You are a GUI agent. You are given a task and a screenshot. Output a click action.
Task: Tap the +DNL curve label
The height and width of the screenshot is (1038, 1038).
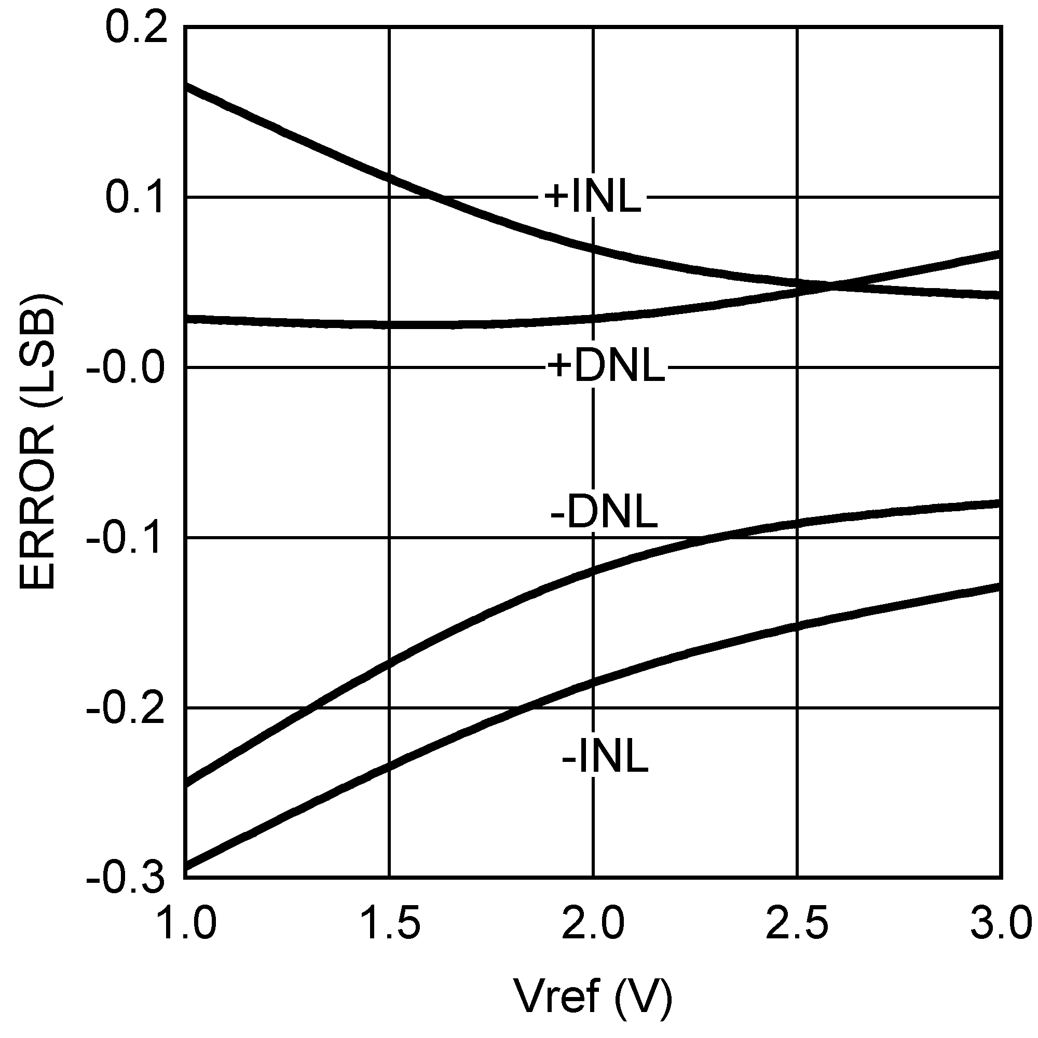coord(606,367)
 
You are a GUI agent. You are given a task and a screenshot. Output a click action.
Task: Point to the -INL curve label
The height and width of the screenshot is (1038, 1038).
coord(605,758)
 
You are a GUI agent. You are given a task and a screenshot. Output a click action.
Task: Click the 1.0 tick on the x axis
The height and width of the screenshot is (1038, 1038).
coord(188,924)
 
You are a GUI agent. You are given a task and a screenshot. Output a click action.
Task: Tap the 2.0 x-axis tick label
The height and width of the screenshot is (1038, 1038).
coord(593,924)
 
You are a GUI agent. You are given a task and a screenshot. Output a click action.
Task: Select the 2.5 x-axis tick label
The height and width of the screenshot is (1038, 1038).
coord(797,924)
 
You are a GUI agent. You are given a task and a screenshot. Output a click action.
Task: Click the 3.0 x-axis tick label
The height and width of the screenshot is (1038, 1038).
coord(1001,924)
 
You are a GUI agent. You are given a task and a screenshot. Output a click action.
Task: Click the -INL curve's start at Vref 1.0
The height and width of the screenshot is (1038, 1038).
coord(186,866)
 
